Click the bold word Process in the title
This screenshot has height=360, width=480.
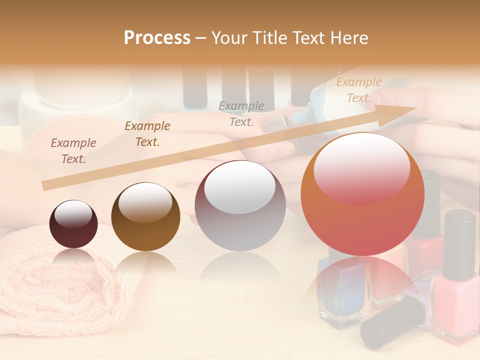coord(157,38)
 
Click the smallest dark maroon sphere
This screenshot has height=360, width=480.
coord(73,224)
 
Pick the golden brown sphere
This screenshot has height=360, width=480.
coord(145,216)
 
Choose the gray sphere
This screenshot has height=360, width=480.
coord(240,205)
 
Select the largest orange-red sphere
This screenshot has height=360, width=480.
coord(362,194)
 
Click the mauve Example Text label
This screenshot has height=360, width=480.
coord(73,151)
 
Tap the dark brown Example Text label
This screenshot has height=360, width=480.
coord(147,133)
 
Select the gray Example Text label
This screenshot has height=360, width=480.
coord(241,113)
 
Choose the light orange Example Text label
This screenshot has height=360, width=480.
coord(358,90)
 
